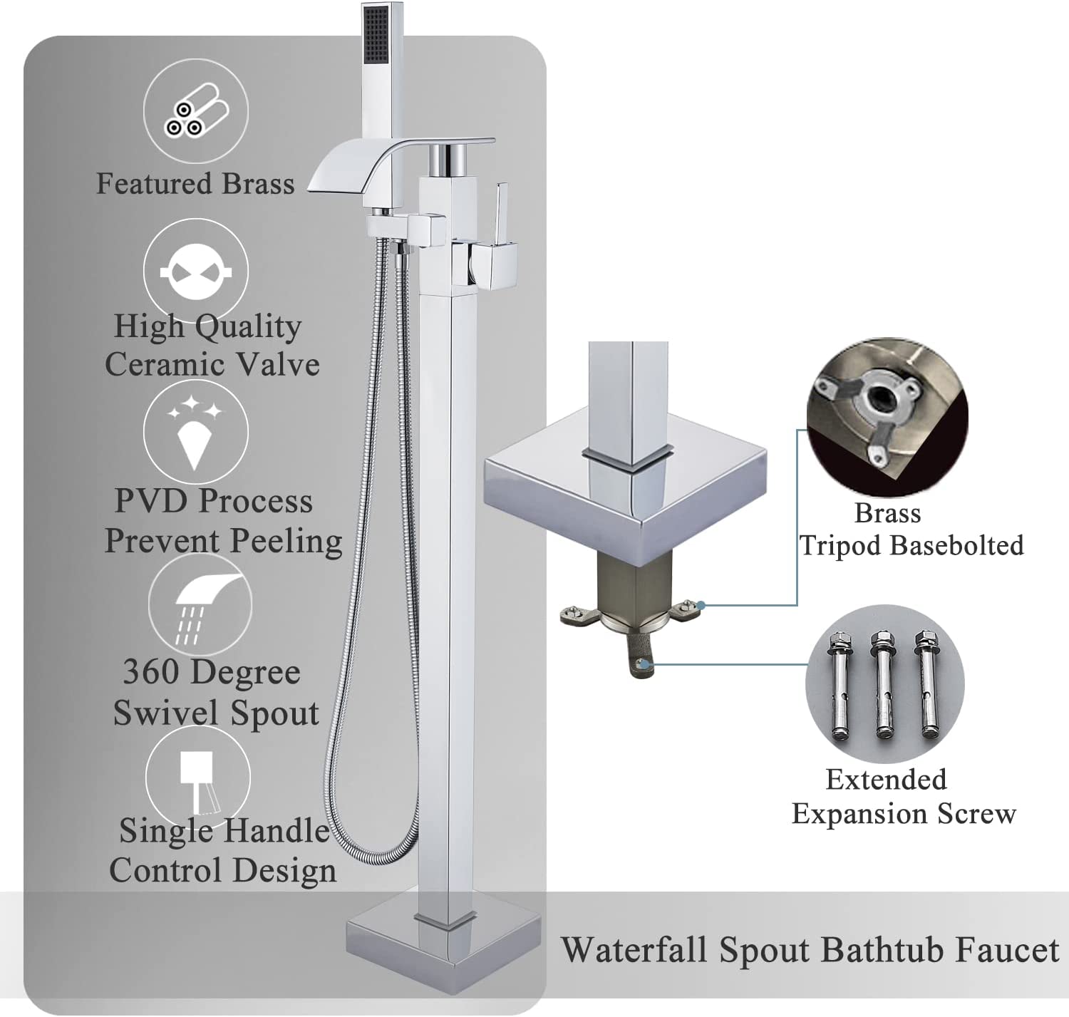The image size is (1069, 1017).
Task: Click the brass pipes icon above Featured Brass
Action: click(x=196, y=110)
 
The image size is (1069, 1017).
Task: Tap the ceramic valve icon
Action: click(x=196, y=270)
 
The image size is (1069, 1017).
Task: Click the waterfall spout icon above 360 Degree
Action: click(x=200, y=604)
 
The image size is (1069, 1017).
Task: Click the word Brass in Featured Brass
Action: click(x=258, y=183)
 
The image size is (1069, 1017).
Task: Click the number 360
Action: click(x=150, y=671)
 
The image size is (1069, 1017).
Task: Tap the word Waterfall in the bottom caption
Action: click(x=634, y=950)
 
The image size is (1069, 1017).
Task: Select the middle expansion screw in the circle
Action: click(x=882, y=685)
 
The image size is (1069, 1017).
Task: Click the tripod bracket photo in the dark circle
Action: click(x=887, y=417)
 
